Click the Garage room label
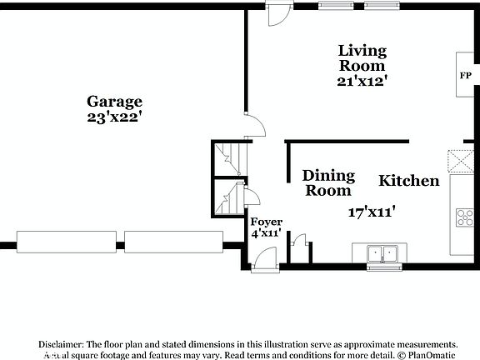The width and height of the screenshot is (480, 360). click(x=114, y=101)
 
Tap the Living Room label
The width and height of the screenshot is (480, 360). click(x=361, y=57)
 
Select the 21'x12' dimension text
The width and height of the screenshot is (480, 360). click(x=361, y=82)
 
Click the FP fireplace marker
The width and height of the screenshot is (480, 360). click(x=465, y=75)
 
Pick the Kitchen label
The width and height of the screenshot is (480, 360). click(x=409, y=181)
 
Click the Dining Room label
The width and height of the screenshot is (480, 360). click(x=328, y=182)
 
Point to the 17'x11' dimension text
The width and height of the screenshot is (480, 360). click(x=371, y=212)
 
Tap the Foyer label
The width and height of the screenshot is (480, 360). click(x=266, y=221)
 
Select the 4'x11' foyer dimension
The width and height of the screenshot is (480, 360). click(x=266, y=233)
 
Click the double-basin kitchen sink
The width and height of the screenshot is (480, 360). click(x=384, y=253)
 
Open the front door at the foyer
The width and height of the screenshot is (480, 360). click(x=265, y=261)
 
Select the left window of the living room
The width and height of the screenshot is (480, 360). click(x=335, y=5)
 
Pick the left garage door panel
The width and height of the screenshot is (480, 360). click(x=64, y=242)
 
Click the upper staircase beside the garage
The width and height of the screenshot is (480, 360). click(x=225, y=156)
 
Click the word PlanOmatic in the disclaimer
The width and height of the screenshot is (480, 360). click(x=428, y=352)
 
